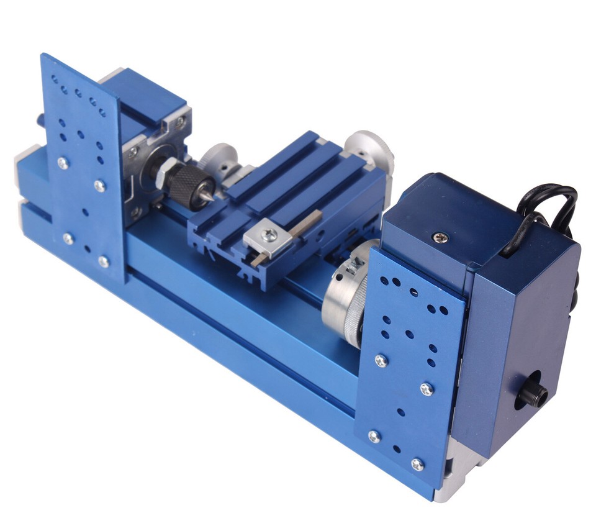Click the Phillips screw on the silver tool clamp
point(269,235)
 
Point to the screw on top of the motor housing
point(440,237)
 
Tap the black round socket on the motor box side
point(533,392)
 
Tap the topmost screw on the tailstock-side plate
point(63,163)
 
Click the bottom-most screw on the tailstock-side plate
point(104,262)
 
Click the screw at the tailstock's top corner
point(180,122)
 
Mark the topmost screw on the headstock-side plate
point(381,360)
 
